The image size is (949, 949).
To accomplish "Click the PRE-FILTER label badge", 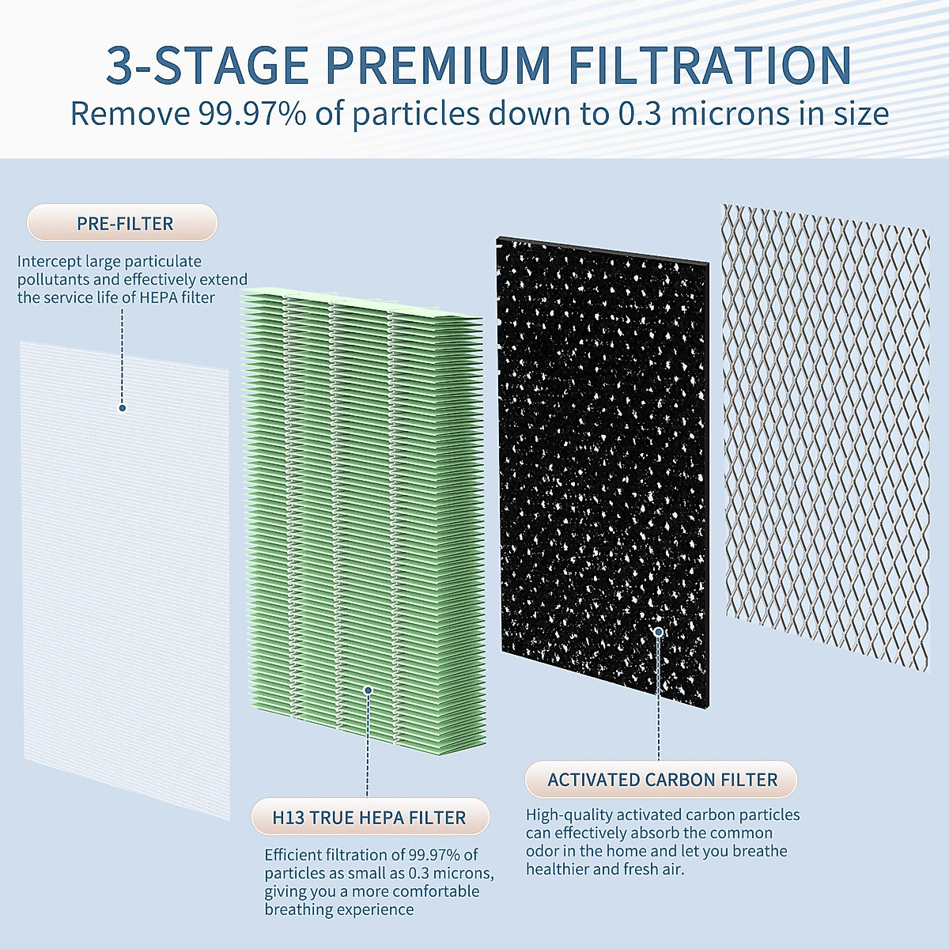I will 122,223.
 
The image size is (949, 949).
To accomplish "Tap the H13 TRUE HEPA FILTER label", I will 369,817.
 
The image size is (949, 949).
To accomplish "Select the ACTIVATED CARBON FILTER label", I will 662,780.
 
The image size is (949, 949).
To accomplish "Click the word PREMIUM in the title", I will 437,65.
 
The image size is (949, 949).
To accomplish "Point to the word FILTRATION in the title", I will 709,65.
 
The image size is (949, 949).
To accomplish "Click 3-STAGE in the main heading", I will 207,65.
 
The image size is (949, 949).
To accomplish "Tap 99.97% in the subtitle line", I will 252,114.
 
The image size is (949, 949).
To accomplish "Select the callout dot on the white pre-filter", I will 123,408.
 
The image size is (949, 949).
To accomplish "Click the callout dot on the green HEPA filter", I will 368,690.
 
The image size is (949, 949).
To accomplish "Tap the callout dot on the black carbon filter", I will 658,631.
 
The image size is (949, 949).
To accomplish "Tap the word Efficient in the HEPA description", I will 295,855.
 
